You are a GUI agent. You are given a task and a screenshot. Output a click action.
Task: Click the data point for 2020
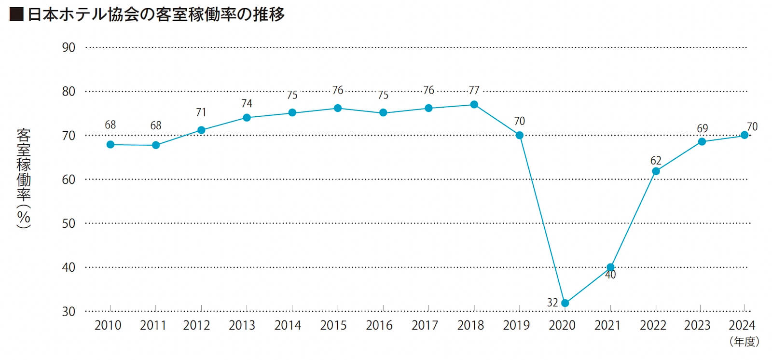(565, 303)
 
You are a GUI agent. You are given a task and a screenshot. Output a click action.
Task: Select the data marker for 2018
(474, 105)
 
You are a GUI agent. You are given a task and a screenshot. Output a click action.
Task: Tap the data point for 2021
(610, 267)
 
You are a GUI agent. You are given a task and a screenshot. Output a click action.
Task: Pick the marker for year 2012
(201, 130)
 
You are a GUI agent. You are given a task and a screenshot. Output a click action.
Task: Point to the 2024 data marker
(744, 135)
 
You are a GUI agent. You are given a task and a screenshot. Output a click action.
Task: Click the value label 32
(552, 303)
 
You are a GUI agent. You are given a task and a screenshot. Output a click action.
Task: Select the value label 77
(474, 90)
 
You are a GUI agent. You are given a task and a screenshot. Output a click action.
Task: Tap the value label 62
(656, 160)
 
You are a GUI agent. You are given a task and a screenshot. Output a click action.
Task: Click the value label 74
(247, 103)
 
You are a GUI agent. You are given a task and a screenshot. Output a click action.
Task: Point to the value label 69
(703, 128)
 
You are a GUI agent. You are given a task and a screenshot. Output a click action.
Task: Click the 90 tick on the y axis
(69, 47)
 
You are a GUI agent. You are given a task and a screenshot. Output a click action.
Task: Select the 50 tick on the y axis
(69, 223)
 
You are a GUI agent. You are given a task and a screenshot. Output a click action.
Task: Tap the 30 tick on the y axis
(69, 312)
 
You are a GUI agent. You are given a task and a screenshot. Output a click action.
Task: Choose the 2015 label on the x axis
(333, 326)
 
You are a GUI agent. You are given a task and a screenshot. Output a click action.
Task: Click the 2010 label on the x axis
(108, 326)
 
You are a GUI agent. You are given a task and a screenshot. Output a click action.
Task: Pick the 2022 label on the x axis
(653, 326)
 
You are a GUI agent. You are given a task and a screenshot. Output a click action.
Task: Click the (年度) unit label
(744, 342)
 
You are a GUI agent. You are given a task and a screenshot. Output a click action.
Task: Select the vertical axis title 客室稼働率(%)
(23, 179)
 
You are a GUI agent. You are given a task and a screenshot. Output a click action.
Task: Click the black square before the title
(16, 14)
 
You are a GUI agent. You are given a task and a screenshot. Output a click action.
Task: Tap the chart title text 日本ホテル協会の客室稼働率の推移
(156, 14)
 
